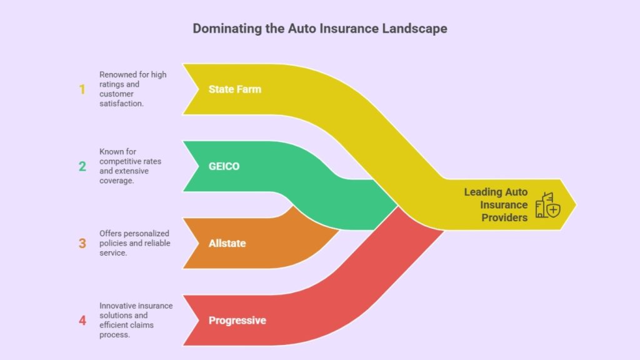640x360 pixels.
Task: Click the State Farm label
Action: point(234,89)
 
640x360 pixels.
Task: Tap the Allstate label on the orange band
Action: point(227,243)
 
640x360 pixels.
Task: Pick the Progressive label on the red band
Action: point(237,321)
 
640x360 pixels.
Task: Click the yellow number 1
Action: point(82,89)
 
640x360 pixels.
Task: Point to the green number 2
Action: point(82,166)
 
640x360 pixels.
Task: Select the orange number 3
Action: point(82,243)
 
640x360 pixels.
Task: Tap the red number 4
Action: point(82,321)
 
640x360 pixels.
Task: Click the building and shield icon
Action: point(547,205)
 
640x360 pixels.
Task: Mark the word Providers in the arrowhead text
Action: point(504,217)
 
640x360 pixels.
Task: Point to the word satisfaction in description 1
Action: point(121,103)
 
